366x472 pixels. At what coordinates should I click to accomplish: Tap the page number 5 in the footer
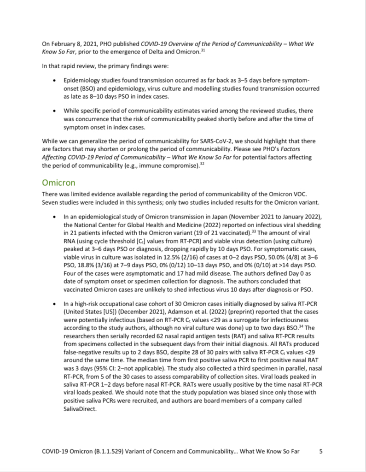click(x=321, y=451)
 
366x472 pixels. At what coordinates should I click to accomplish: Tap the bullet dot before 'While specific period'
click(x=55, y=111)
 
